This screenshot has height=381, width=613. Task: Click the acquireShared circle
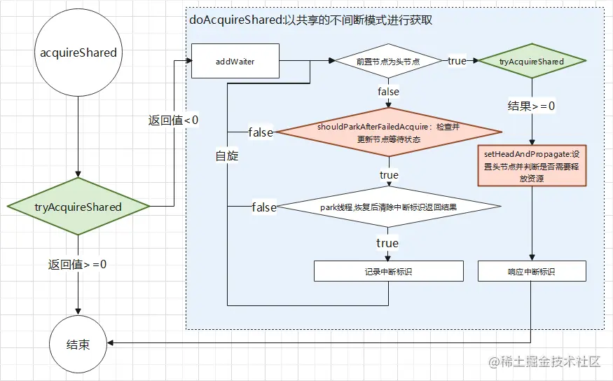point(78,53)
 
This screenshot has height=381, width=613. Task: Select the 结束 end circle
point(78,345)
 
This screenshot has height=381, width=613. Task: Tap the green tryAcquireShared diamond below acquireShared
point(78,207)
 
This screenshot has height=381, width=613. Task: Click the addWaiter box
point(235,62)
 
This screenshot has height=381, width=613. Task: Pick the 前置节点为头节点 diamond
point(387,62)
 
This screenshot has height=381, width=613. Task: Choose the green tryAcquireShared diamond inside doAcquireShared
point(531,62)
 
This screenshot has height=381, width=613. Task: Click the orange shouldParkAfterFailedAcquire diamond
point(387,132)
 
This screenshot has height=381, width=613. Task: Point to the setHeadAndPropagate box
point(531,165)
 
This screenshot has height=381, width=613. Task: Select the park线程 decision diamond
point(387,207)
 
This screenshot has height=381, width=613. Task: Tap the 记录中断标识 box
point(388,271)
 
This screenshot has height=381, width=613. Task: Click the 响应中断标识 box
point(531,271)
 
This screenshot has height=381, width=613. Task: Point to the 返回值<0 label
point(173,120)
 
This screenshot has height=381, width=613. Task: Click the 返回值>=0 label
point(78,264)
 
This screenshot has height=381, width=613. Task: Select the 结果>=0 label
point(531,106)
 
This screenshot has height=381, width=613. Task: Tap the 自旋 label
point(227,155)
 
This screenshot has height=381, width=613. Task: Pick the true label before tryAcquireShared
point(457,61)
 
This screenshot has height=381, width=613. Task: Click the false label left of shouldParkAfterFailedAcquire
point(261,132)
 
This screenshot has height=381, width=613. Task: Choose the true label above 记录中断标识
point(387,243)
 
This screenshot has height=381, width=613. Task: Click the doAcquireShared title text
point(310,20)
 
